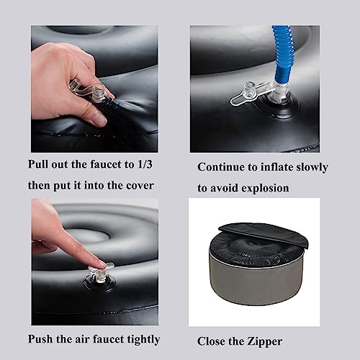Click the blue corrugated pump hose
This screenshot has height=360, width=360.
click(x=280, y=59)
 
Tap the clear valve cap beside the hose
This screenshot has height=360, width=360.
click(x=248, y=90)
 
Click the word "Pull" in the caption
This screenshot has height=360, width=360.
click(x=37, y=164)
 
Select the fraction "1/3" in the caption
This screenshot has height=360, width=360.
click(x=145, y=165)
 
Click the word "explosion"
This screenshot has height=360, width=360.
click(x=265, y=189)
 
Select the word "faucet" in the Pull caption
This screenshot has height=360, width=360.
click(x=106, y=165)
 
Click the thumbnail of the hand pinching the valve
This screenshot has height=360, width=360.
click(x=94, y=89)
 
